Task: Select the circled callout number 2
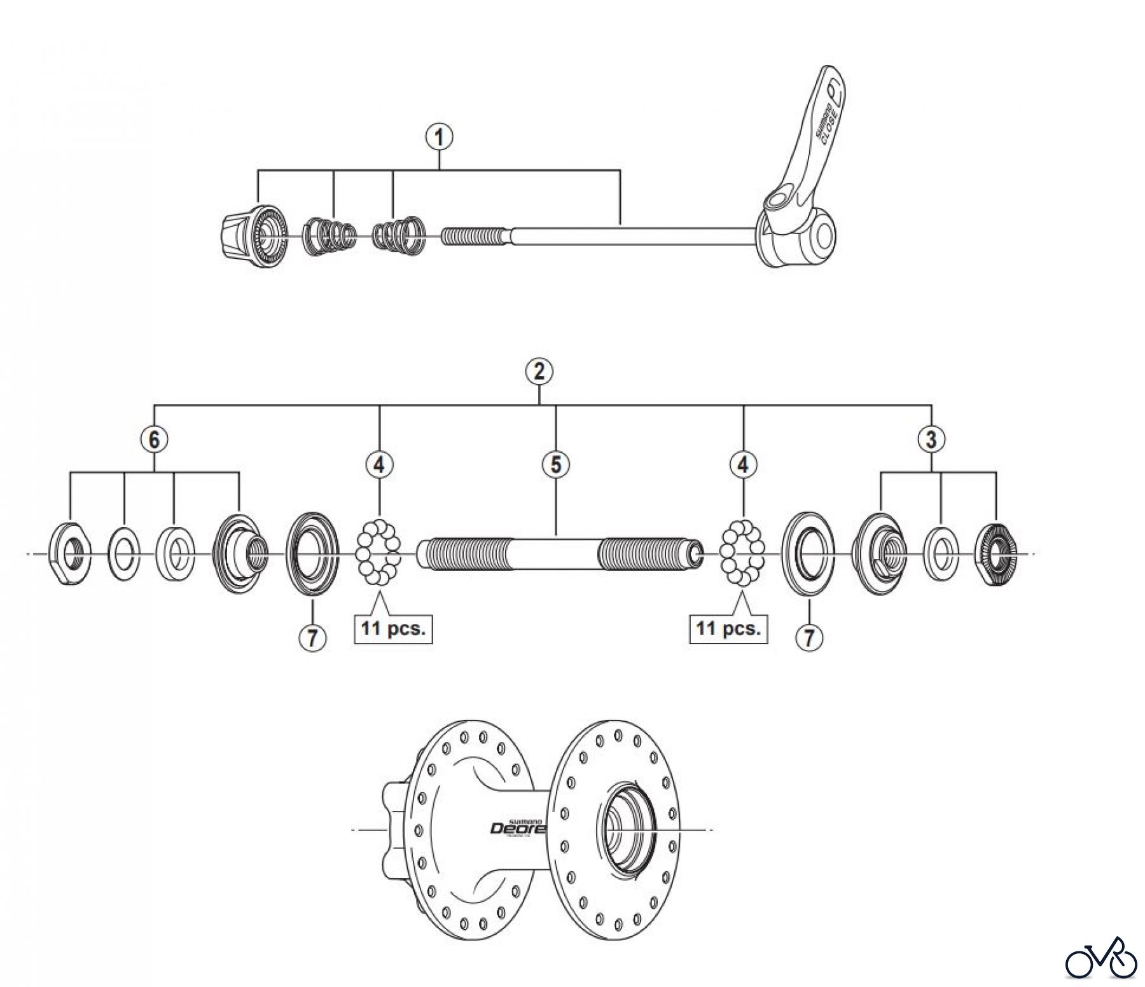coord(539,371)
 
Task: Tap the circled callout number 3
coord(931,438)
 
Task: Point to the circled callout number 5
coord(556,464)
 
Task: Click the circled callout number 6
coord(155,439)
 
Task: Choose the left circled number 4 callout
coord(379,464)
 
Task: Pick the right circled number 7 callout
coord(808,637)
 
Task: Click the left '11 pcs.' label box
coord(393,629)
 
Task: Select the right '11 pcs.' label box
coord(728,629)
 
